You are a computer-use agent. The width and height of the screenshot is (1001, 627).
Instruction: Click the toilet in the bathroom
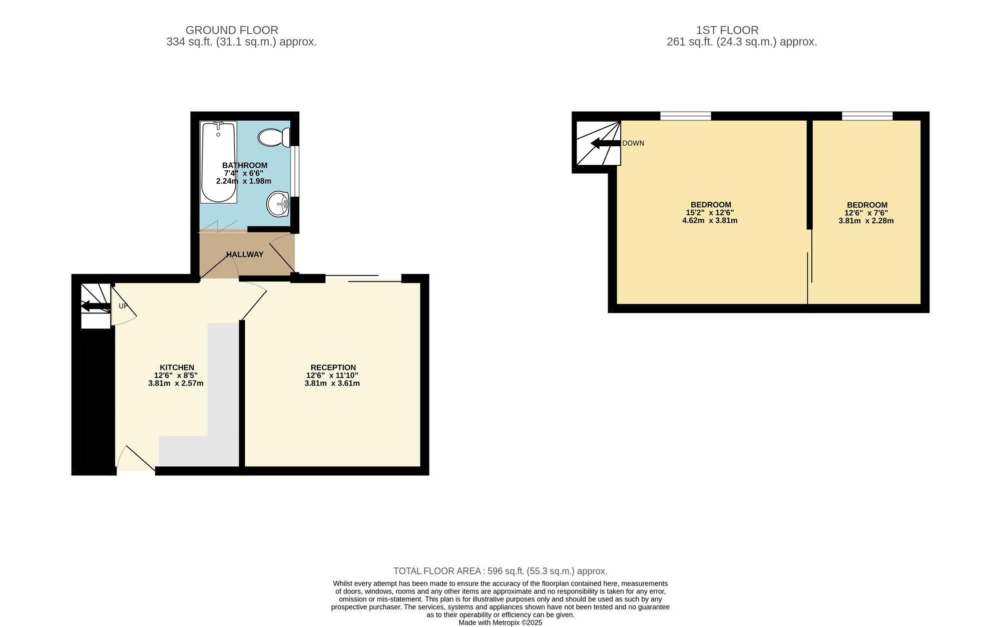274,137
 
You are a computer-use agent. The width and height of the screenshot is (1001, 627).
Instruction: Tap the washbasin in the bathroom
278,204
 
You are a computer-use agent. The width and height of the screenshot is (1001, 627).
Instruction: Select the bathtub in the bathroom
218,162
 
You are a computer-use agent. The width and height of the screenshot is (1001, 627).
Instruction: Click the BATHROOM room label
245,165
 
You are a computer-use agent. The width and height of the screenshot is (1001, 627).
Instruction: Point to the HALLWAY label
245,254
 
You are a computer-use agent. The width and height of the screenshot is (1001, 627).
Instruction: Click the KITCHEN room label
177,368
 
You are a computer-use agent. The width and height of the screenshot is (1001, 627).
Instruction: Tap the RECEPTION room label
333,368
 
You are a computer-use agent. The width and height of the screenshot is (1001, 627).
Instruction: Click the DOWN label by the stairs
633,143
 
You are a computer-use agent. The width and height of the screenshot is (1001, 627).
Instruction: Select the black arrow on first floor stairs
606,144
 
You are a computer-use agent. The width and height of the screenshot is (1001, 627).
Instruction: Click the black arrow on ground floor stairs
96,306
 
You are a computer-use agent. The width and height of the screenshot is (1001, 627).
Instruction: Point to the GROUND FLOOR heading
232,30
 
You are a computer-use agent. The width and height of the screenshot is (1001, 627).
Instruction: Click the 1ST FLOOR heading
727,30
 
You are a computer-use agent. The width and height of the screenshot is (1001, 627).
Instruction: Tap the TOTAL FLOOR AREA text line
500,571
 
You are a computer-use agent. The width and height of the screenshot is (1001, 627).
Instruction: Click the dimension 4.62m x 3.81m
710,220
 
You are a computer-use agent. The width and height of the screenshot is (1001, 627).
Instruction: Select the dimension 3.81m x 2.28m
866,221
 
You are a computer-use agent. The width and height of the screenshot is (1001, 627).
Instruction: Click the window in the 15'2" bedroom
685,116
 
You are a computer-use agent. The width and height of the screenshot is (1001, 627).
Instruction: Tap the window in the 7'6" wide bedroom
867,116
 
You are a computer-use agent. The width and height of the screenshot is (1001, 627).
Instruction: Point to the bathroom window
295,171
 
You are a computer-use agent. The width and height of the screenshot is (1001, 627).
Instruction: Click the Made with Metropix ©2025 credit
500,623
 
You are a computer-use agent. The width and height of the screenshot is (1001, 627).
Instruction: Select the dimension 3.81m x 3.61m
332,384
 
